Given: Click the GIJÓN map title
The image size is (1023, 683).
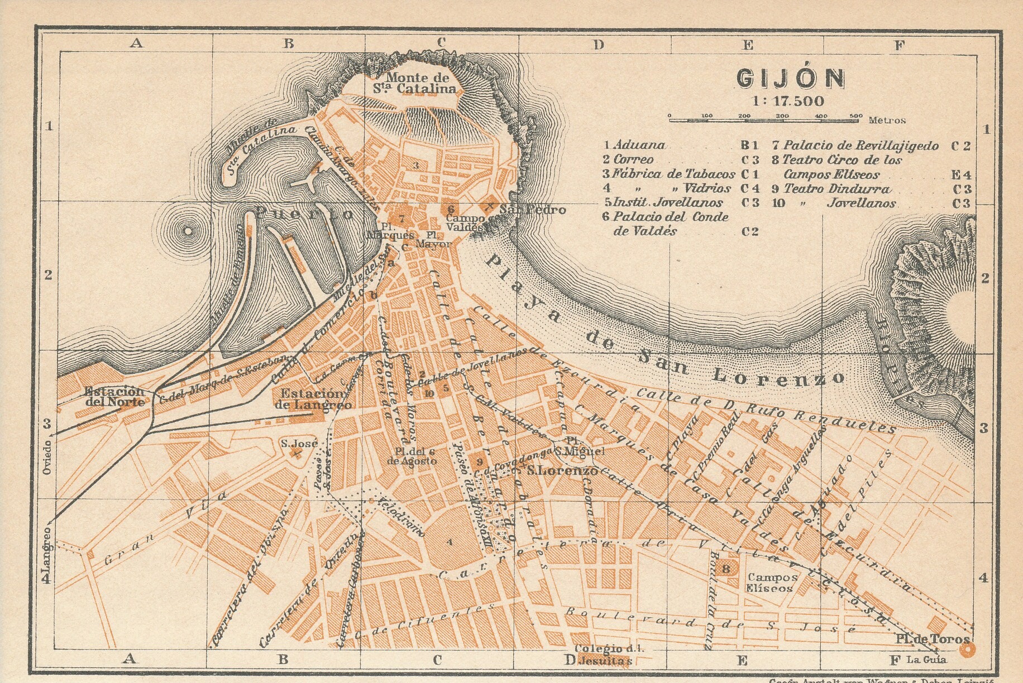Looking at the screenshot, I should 790,78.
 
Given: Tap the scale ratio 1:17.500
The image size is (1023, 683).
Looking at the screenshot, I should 788,101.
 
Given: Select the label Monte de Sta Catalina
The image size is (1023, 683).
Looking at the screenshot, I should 417,83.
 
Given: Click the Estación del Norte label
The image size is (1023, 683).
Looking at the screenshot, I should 115,396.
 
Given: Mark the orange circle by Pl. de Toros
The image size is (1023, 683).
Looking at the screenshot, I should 965,649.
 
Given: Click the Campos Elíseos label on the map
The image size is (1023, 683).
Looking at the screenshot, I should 771,583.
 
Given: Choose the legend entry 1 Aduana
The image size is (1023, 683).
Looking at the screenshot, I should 634,145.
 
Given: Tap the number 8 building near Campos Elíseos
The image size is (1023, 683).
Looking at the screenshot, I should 725,569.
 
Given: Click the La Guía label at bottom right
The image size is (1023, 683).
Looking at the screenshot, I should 926,660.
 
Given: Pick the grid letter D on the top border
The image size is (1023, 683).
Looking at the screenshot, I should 599,44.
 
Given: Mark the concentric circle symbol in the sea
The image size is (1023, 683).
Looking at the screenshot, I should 188,230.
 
